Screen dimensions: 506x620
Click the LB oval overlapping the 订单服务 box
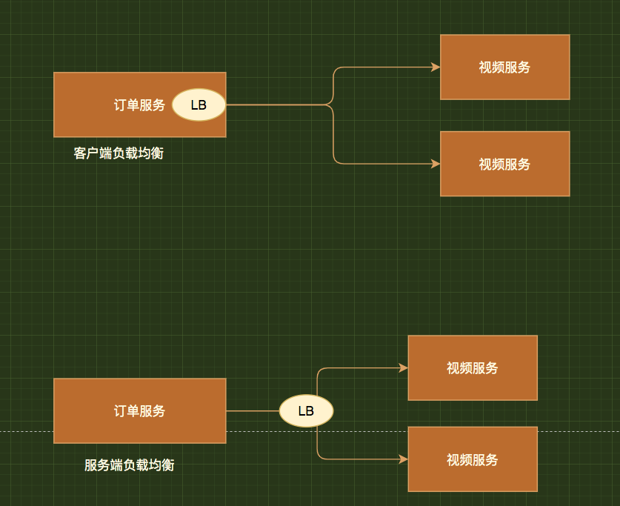point(199,104)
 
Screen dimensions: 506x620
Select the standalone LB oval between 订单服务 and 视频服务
point(306,410)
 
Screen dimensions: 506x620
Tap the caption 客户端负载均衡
point(119,153)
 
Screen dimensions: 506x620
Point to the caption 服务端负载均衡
point(130,465)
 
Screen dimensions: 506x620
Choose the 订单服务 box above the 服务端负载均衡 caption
point(139,410)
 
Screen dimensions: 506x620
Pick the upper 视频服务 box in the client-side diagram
point(504,67)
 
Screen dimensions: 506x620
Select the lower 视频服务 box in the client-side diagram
point(504,164)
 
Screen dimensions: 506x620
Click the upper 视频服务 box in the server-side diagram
point(472,367)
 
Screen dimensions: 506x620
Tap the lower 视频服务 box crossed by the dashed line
point(472,459)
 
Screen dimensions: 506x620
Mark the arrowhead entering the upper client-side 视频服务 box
point(436,67)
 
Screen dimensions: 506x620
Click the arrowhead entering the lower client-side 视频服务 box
point(436,164)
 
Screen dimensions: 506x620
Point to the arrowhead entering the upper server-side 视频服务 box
point(404,367)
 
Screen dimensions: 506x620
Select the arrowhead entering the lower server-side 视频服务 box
point(404,459)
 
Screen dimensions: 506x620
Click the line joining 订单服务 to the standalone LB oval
point(252,410)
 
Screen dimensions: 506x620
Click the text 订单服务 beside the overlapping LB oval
point(139,104)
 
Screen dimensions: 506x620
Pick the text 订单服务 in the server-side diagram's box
point(139,410)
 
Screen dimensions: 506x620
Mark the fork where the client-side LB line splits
point(333,104)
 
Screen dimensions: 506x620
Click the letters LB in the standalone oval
point(306,410)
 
